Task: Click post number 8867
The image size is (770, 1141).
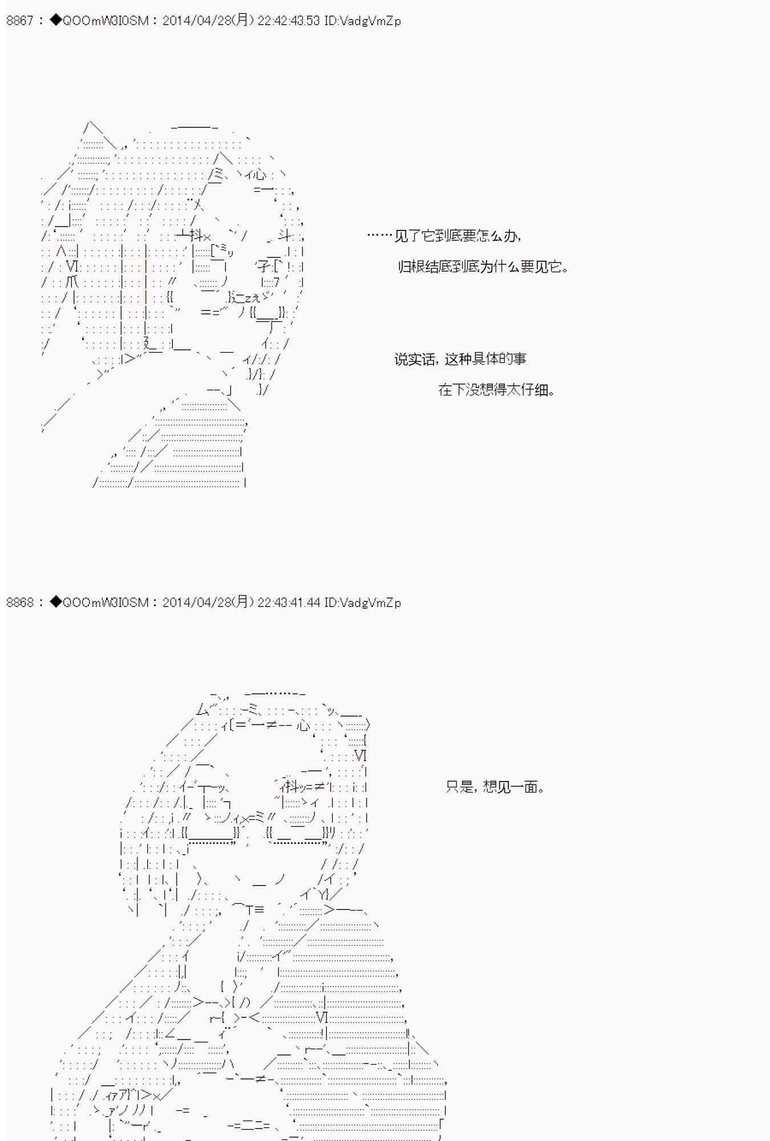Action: pos(20,21)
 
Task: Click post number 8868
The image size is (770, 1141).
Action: pos(20,602)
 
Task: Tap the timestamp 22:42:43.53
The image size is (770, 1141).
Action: pos(289,21)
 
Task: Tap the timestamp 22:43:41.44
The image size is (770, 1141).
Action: pos(289,602)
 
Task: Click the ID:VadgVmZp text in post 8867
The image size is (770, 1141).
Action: pos(363,21)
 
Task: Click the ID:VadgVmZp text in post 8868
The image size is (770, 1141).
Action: pos(363,602)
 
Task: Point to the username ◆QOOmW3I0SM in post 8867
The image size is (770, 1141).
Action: pos(100,21)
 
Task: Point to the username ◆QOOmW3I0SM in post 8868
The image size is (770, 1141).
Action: pos(100,602)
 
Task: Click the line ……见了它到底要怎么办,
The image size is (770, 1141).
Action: pos(444,236)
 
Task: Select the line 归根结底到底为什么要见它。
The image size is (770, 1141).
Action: pos(484,266)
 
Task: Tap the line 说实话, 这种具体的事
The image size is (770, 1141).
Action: pos(460,359)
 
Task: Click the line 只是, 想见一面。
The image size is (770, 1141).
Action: pos(495,787)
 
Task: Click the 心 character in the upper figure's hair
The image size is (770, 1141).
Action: pos(259,175)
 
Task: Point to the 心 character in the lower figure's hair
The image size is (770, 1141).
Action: pos(303,725)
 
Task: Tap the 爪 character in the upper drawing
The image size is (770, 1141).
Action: pos(72,282)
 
